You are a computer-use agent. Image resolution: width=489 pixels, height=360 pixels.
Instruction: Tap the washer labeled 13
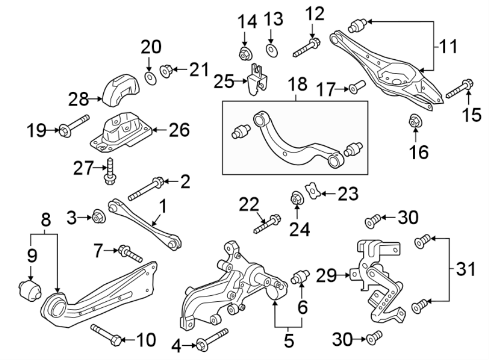click(x=271, y=51)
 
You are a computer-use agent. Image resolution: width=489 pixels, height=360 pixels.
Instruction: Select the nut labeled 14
click(x=244, y=53)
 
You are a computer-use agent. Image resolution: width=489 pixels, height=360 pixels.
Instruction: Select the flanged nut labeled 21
click(x=167, y=70)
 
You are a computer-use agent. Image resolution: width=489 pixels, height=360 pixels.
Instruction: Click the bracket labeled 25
click(x=256, y=80)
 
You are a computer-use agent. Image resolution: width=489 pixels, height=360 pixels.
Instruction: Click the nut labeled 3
click(x=98, y=216)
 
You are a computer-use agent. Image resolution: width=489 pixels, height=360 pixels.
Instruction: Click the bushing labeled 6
click(x=300, y=276)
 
